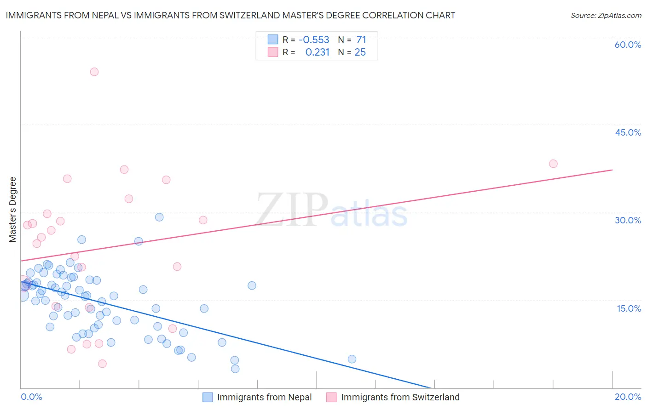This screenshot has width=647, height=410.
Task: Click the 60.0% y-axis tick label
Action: tap(628, 45)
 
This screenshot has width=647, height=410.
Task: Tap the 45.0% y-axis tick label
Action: tap(628, 132)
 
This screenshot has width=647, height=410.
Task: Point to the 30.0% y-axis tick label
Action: tap(628, 220)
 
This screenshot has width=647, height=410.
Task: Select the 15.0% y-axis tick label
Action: tap(629, 308)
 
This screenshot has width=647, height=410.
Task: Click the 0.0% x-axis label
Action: tap(31, 397)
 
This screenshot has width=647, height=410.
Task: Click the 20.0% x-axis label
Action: tap(628, 397)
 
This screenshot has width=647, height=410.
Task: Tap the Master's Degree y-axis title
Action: tap(12, 210)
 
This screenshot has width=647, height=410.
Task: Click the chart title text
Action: tap(231, 15)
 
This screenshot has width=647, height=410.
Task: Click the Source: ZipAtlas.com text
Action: tap(606, 15)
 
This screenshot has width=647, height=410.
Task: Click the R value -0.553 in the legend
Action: tap(314, 40)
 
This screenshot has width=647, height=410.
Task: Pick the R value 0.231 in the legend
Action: tap(317, 52)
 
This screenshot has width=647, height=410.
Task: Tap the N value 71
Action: tap(361, 40)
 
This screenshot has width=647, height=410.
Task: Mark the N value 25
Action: tap(360, 52)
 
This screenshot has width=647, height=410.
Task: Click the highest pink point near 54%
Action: tap(94, 72)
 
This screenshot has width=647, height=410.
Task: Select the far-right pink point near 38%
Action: tap(553, 164)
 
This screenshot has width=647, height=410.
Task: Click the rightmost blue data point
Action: tap(352, 359)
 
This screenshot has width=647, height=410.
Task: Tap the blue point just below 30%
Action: tap(159, 217)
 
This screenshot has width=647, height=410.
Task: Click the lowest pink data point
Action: tap(102, 364)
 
